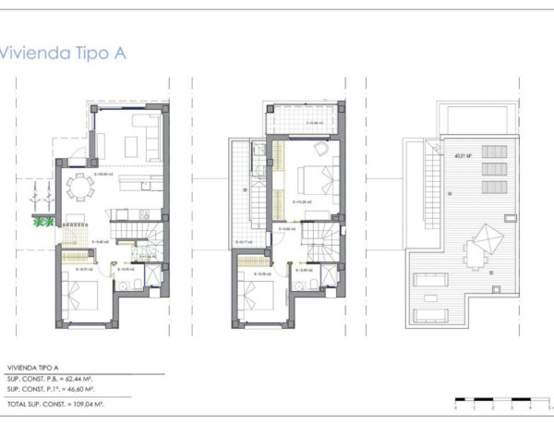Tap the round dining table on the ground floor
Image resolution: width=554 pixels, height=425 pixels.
tap(80, 188)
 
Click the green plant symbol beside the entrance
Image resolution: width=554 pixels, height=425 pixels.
tap(42, 221)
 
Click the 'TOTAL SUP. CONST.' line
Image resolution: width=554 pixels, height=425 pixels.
tap(55, 405)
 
